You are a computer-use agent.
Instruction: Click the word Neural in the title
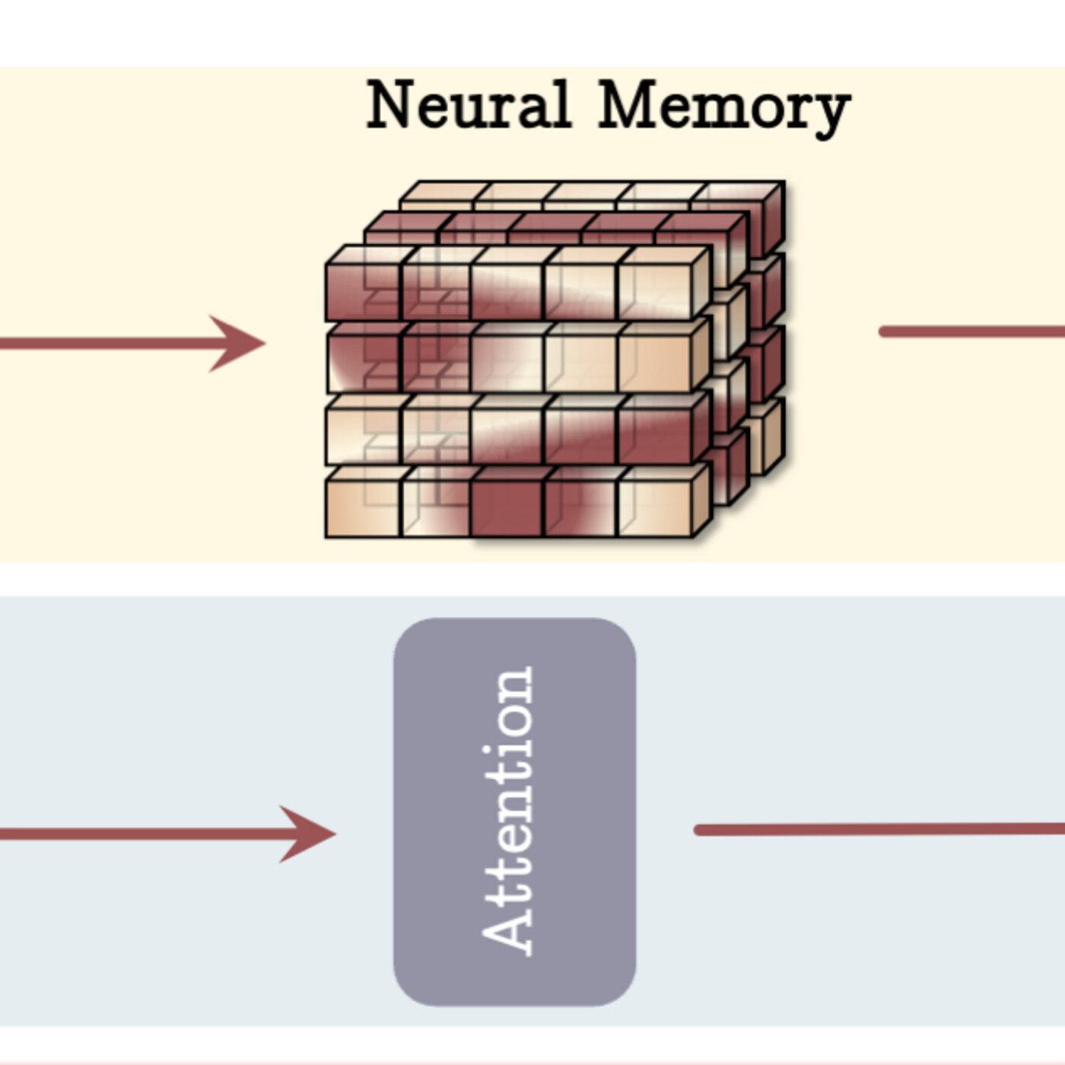(x=468, y=104)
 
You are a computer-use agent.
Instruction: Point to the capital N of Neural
(x=393, y=104)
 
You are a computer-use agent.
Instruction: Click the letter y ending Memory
(x=833, y=113)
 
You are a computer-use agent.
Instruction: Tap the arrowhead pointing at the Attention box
(x=307, y=834)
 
